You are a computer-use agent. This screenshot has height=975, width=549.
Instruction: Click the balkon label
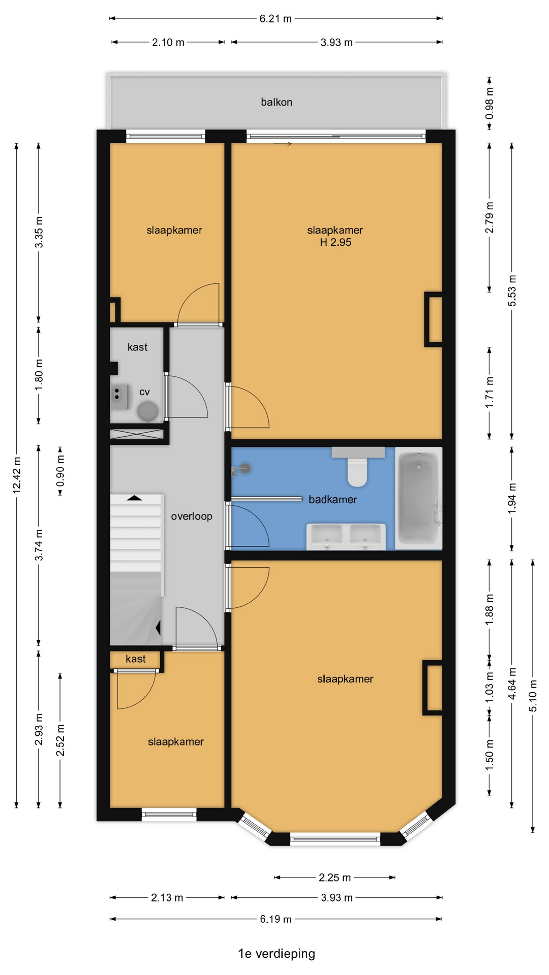point(277,102)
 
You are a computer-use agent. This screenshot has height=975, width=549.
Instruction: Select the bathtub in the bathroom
point(418,498)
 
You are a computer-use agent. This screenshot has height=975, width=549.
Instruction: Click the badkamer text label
point(332,500)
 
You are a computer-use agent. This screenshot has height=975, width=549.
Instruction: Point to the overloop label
point(192,516)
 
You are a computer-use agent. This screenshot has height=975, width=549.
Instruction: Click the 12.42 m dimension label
point(17,475)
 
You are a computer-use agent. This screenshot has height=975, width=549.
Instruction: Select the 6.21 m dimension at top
point(276,19)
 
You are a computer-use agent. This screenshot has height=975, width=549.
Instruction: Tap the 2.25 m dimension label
point(334,877)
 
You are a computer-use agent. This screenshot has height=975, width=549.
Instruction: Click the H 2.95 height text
point(335,243)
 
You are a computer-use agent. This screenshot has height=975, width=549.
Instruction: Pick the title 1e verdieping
point(277,954)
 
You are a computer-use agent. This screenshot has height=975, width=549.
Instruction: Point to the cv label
point(144,392)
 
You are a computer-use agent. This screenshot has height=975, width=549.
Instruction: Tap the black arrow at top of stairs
point(134,498)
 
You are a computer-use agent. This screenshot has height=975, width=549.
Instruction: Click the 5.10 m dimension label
point(533,696)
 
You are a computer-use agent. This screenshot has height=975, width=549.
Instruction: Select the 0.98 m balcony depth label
point(490,104)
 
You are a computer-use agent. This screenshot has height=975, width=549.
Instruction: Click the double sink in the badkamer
point(346,536)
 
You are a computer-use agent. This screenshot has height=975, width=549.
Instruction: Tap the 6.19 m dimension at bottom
point(276,919)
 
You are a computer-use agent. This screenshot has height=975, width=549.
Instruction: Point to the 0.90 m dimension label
point(60,471)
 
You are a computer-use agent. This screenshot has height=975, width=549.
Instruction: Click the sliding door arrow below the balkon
point(283,144)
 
